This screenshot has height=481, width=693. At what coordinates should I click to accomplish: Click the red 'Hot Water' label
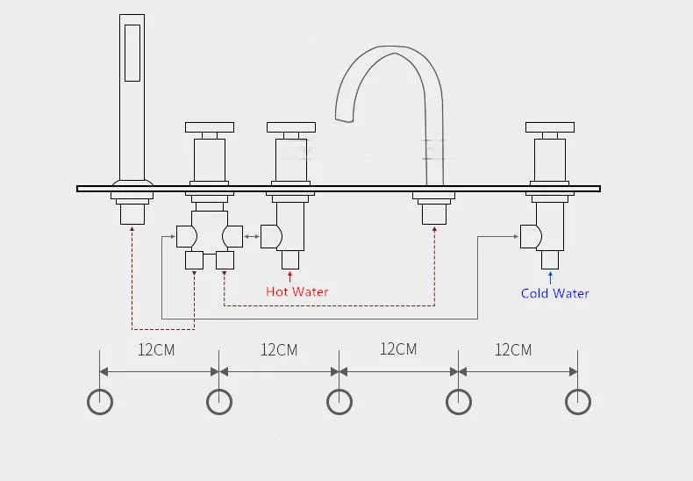coord(296,291)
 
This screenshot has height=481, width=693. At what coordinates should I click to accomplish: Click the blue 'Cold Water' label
coord(554,293)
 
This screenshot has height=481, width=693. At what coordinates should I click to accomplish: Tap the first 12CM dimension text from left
coord(156,349)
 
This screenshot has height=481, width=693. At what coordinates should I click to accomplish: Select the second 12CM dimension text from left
coord(279,349)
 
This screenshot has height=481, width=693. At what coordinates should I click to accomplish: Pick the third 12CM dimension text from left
coord(397,348)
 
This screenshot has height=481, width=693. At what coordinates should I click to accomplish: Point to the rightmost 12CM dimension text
coord(513,349)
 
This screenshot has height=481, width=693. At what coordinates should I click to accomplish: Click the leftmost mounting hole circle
coord(100,402)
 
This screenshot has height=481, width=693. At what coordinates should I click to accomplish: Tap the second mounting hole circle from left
coord(219,402)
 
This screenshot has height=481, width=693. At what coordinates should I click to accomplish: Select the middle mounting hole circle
coord(339,402)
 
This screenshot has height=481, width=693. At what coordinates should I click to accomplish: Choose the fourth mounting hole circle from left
coord(459,402)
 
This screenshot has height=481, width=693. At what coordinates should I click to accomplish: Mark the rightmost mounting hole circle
coord(577,402)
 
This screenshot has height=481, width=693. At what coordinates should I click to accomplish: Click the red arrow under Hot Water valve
coord(290,276)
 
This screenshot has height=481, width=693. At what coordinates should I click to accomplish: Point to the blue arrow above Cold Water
coord(551,276)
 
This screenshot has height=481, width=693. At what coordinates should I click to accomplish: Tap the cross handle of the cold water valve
coord(551,127)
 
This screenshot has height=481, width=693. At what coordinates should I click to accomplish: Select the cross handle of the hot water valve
coord(290,127)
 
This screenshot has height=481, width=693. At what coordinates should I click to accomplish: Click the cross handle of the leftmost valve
coord(209,127)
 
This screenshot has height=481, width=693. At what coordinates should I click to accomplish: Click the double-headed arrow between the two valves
coord(251,235)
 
